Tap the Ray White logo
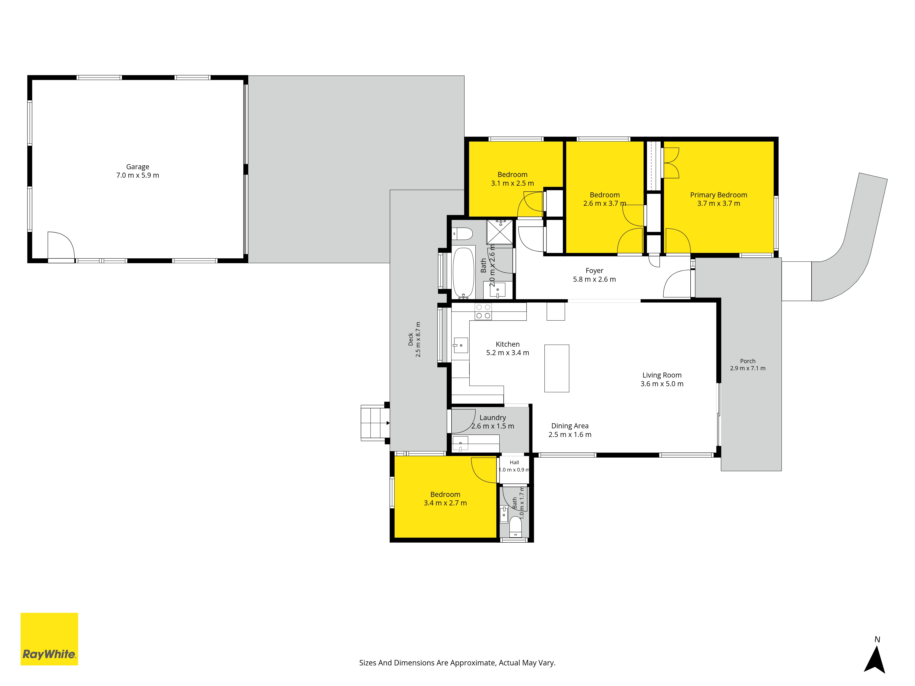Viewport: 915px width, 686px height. [x=49, y=639]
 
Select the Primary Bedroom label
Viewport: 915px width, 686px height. [x=719, y=195]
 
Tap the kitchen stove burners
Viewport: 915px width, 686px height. [x=483, y=311]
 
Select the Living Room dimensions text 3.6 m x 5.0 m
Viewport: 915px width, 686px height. [x=662, y=384]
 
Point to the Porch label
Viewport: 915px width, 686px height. [x=748, y=361]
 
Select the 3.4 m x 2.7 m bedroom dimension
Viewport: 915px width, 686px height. [x=445, y=503]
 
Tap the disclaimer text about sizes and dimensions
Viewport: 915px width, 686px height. [x=457, y=663]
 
